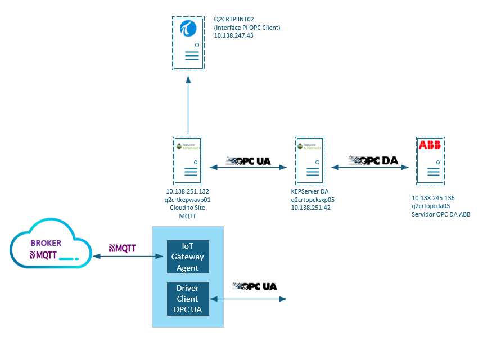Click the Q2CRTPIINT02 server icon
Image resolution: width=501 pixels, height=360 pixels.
[x=188, y=42]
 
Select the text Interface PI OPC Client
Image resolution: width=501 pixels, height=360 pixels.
[x=247, y=28]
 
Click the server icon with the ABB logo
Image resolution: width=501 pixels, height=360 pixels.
[x=430, y=160]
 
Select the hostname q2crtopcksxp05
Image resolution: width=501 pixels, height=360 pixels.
[x=313, y=199]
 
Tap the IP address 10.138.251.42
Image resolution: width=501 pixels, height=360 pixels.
[x=310, y=207]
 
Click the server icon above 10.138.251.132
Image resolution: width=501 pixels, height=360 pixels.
[x=188, y=160]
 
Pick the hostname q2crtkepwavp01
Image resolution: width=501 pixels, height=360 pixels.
[x=188, y=199]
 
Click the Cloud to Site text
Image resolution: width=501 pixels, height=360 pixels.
[x=188, y=207]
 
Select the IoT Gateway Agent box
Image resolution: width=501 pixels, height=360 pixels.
[x=188, y=256]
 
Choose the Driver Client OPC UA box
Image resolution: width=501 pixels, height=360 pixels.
[x=188, y=299]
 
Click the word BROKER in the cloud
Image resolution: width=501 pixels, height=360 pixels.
[x=46, y=243]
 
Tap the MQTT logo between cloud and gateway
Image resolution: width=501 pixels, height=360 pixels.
[x=123, y=247]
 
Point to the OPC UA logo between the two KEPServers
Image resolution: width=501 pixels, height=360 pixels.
[x=248, y=161]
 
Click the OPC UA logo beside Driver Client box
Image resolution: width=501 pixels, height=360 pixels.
[x=255, y=286]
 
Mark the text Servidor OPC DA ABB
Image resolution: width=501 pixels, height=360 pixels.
[x=441, y=214]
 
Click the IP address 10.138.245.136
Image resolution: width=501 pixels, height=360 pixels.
[x=433, y=198]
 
